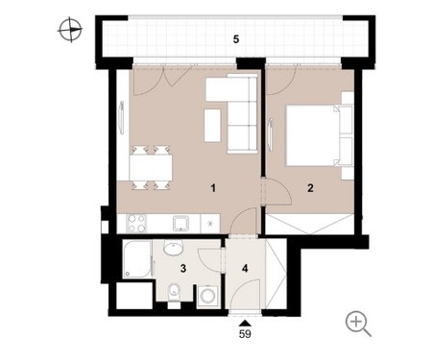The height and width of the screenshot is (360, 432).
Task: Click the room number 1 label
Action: [x=213, y=188]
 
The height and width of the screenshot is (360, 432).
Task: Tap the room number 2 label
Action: [x=310, y=188]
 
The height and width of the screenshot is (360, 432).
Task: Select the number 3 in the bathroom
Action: [x=183, y=268]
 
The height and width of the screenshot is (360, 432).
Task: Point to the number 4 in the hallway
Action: [x=245, y=268]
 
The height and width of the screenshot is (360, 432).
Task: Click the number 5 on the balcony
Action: [x=236, y=39]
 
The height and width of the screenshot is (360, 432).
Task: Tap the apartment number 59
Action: [x=245, y=334]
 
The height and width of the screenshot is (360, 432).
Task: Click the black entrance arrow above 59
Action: [x=245, y=324]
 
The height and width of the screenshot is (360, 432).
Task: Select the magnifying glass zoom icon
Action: [x=358, y=324]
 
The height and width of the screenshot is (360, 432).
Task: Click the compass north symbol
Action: [x=70, y=30]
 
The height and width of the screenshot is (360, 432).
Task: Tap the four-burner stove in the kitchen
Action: [x=136, y=223]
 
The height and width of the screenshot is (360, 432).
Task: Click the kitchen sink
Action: [x=180, y=223]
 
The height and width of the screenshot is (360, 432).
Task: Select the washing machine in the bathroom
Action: [x=207, y=297]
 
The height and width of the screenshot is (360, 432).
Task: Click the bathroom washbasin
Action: [x=173, y=248]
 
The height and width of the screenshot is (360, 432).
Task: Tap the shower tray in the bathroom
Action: [x=137, y=259]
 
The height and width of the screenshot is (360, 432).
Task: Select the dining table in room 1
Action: [x=151, y=167]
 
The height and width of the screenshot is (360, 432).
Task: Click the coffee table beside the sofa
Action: [x=212, y=125]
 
